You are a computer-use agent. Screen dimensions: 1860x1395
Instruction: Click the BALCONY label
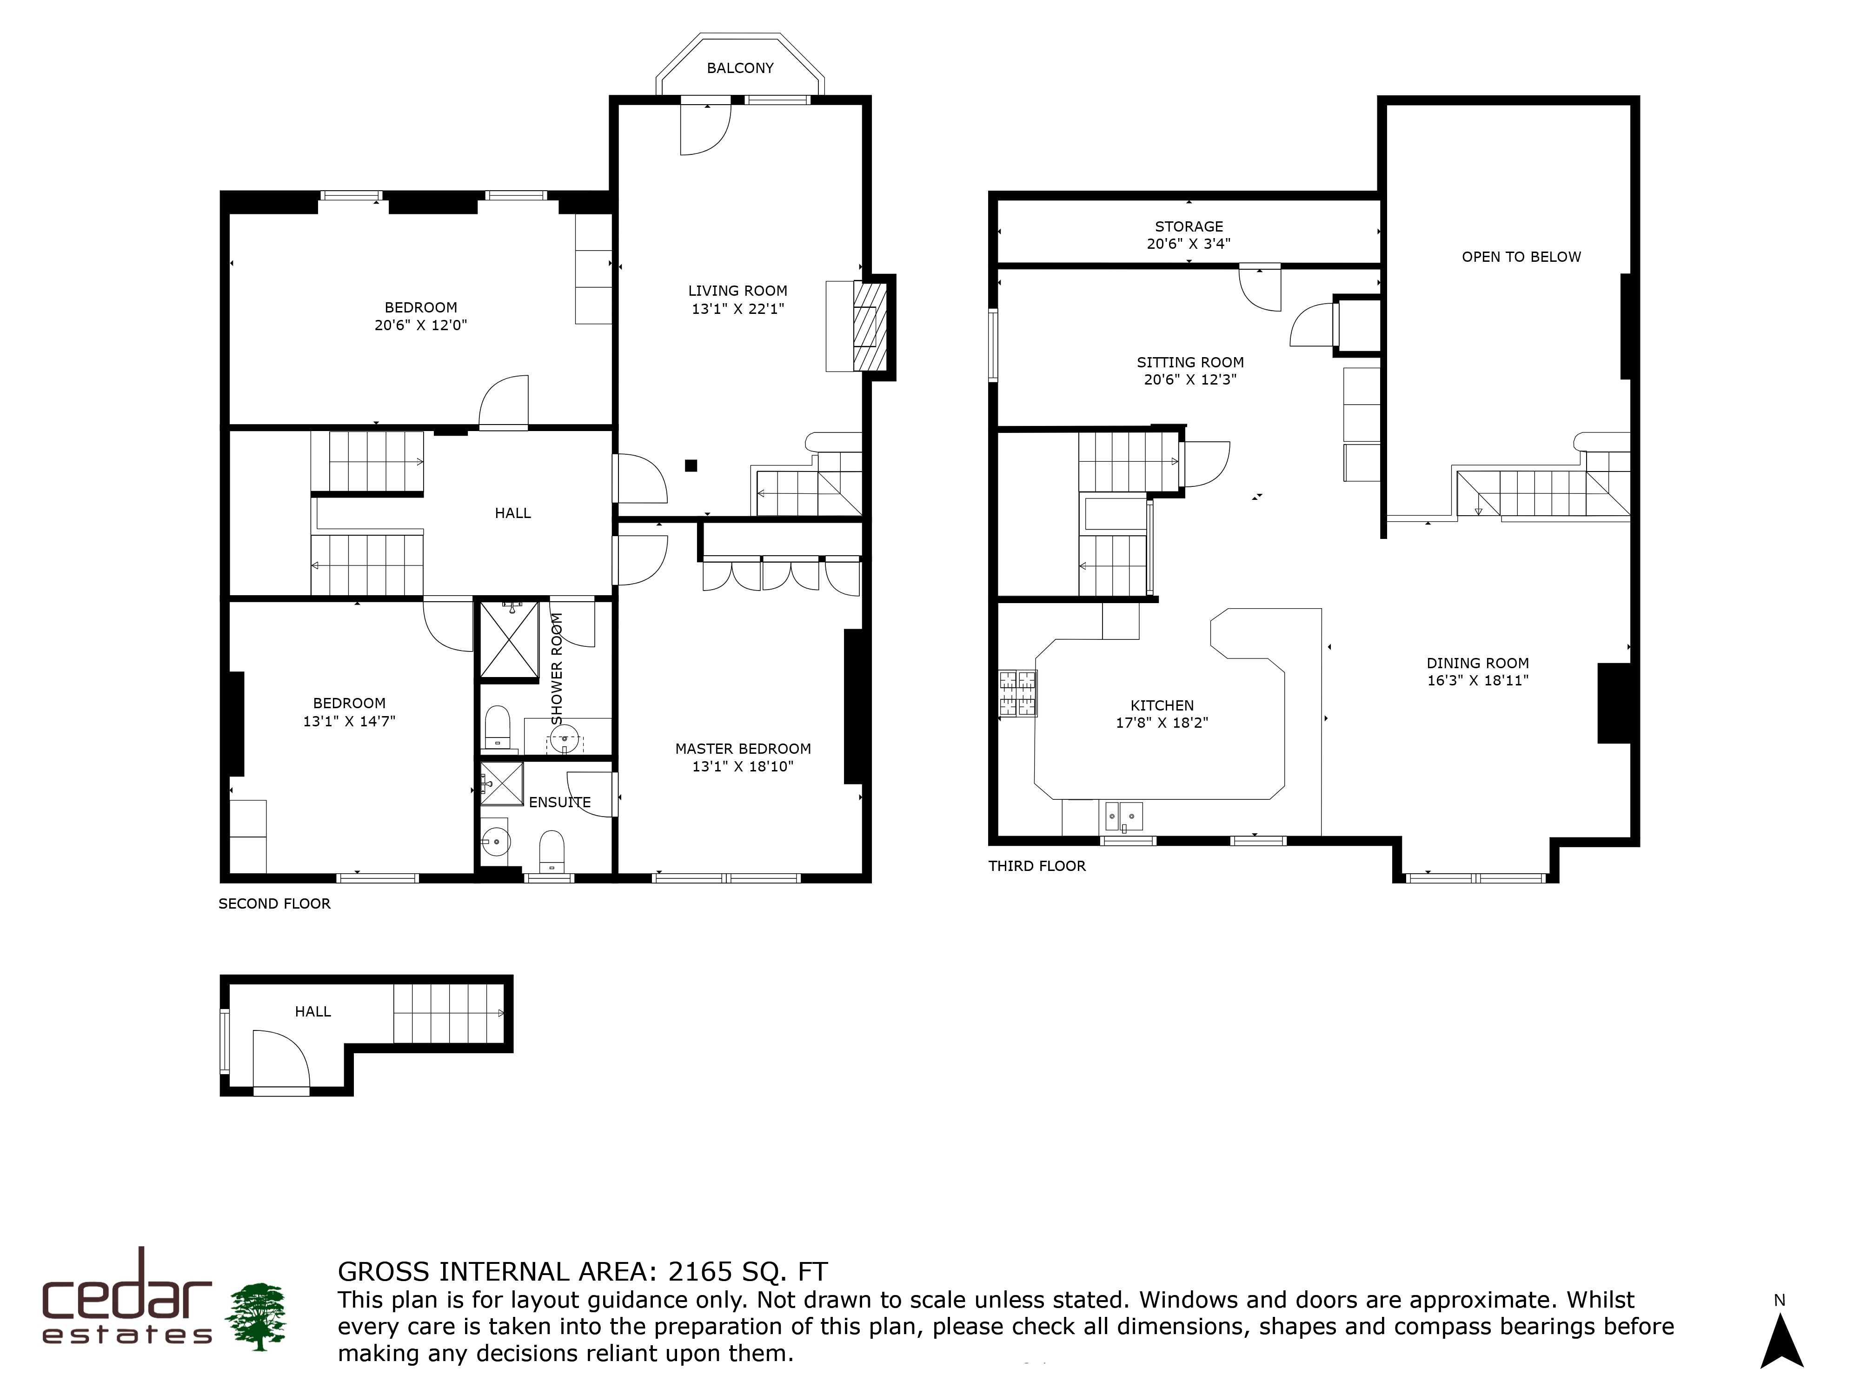coord(740,68)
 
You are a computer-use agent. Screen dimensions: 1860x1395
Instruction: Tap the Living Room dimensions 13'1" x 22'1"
coord(737,309)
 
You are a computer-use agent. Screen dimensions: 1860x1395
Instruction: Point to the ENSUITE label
coord(559,802)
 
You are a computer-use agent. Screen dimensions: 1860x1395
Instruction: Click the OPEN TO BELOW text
coord(1521,257)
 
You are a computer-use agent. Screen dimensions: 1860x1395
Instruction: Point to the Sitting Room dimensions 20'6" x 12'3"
coord(1190,379)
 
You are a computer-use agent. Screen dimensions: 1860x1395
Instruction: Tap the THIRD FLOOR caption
coord(1037,866)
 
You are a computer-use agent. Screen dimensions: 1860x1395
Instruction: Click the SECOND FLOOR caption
coord(274,904)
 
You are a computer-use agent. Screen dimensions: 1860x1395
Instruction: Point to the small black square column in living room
coord(691,465)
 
